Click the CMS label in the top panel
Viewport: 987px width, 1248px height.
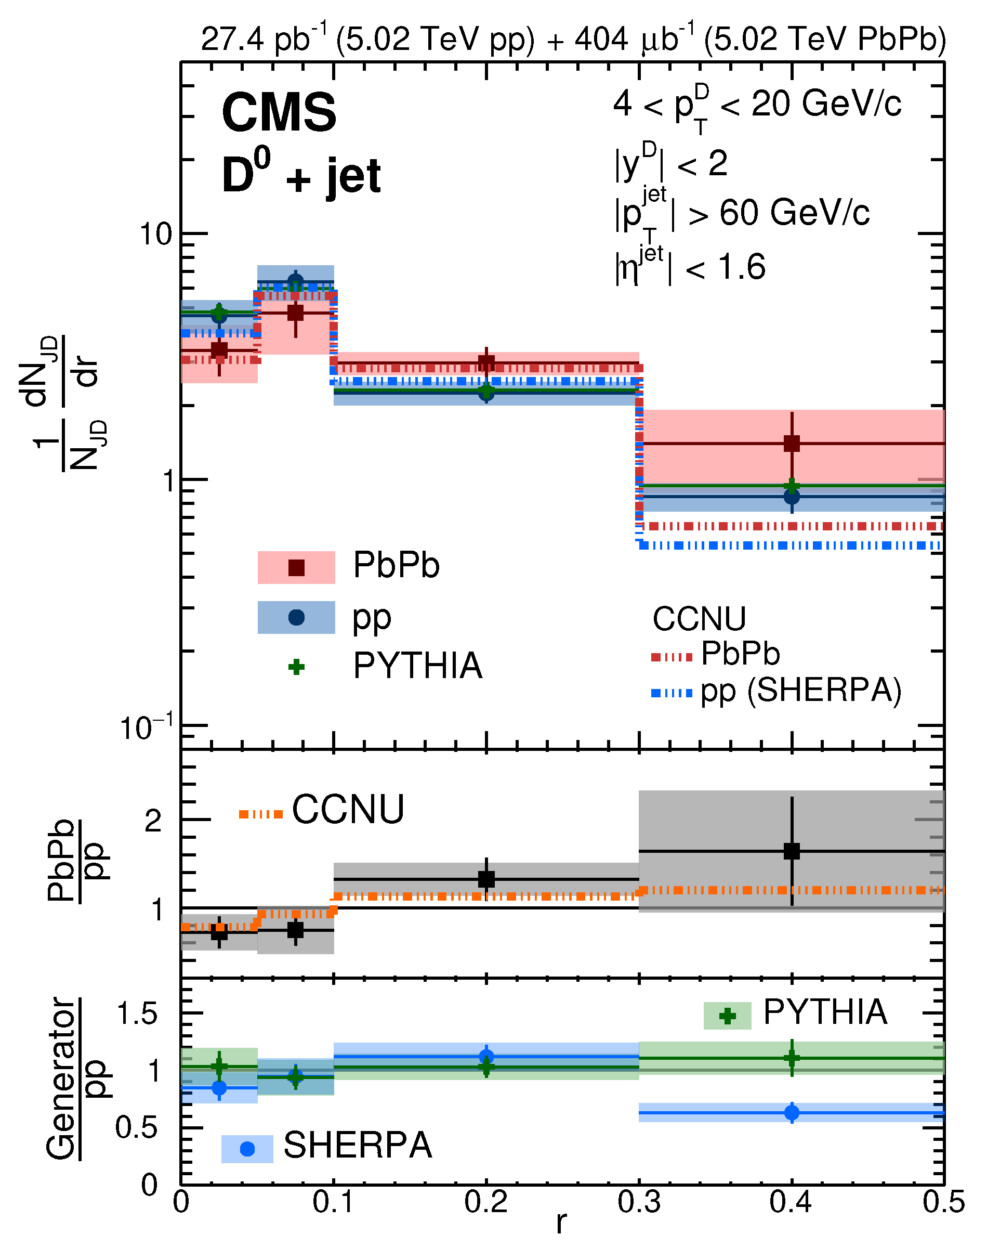point(279,113)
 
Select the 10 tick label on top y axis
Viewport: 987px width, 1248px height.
point(156,235)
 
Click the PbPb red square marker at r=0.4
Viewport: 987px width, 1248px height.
point(792,444)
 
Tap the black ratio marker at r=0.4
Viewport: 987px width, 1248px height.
point(792,851)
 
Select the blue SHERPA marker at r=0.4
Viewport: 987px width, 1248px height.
point(792,1112)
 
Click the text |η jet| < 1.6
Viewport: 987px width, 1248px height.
point(691,267)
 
